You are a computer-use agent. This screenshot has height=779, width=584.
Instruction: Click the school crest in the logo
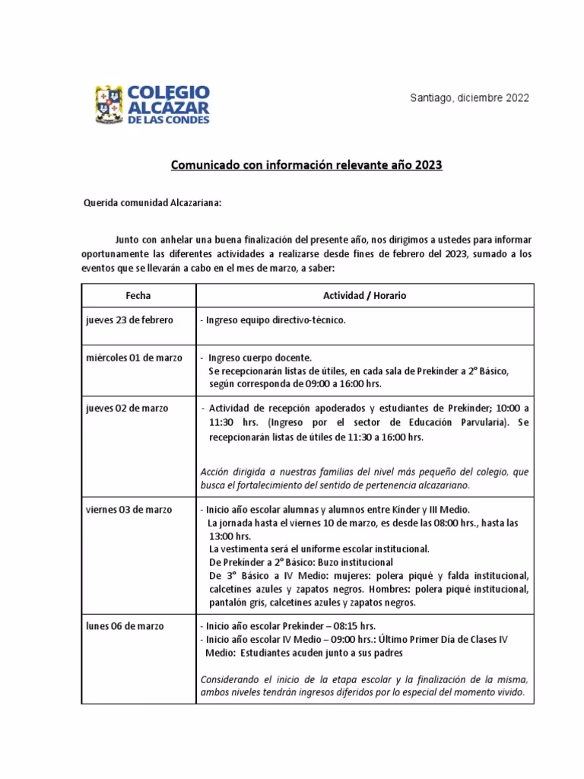click(x=110, y=105)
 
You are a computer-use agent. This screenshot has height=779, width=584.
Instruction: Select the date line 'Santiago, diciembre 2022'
click(x=470, y=98)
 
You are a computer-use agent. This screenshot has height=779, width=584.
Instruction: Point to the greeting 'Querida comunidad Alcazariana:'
click(x=152, y=203)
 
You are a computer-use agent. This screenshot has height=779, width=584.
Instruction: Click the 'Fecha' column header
click(x=138, y=294)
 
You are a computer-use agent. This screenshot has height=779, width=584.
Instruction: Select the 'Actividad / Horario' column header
click(x=365, y=294)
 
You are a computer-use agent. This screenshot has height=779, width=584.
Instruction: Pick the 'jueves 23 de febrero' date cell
click(x=129, y=320)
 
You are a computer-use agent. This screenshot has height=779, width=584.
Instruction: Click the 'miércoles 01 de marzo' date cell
click(x=134, y=358)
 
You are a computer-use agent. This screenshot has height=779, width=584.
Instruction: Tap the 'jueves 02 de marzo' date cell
click(x=127, y=408)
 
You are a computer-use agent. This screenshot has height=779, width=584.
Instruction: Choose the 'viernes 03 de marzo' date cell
click(x=129, y=509)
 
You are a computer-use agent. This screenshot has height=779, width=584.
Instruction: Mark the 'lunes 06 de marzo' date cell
click(x=124, y=626)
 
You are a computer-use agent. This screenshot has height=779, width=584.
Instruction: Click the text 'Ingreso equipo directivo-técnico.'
click(x=276, y=320)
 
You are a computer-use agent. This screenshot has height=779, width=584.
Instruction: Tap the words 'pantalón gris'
click(x=236, y=602)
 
